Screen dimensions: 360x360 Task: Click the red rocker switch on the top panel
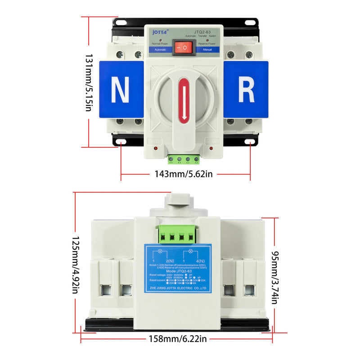184,47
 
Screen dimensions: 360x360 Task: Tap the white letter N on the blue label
120,90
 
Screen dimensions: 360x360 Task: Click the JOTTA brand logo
160,32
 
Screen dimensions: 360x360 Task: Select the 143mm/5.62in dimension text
183,174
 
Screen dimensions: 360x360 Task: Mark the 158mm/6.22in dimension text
177,338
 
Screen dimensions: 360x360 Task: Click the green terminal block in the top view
184,159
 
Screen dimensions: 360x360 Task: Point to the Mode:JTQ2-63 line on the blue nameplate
178,272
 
